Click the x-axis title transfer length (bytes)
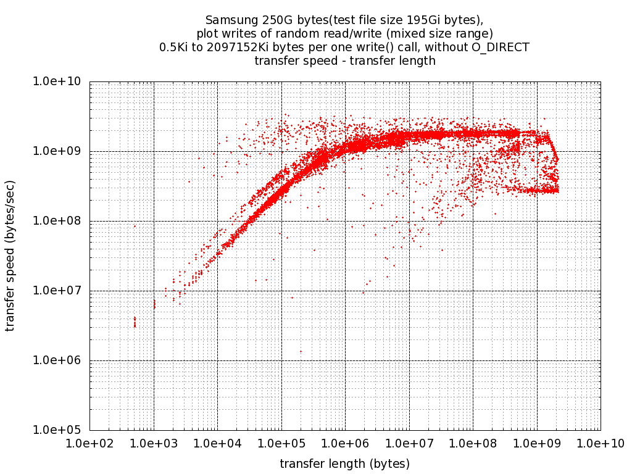[x=344, y=464]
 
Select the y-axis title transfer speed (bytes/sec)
[x=10, y=256]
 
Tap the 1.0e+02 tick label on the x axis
[x=89, y=443]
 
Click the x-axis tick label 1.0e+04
[x=217, y=443]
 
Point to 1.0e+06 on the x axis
[x=345, y=443]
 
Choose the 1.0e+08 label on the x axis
[x=473, y=443]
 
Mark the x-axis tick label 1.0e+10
[x=600, y=443]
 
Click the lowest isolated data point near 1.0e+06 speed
[x=301, y=351]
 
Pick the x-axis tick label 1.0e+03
[x=154, y=443]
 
